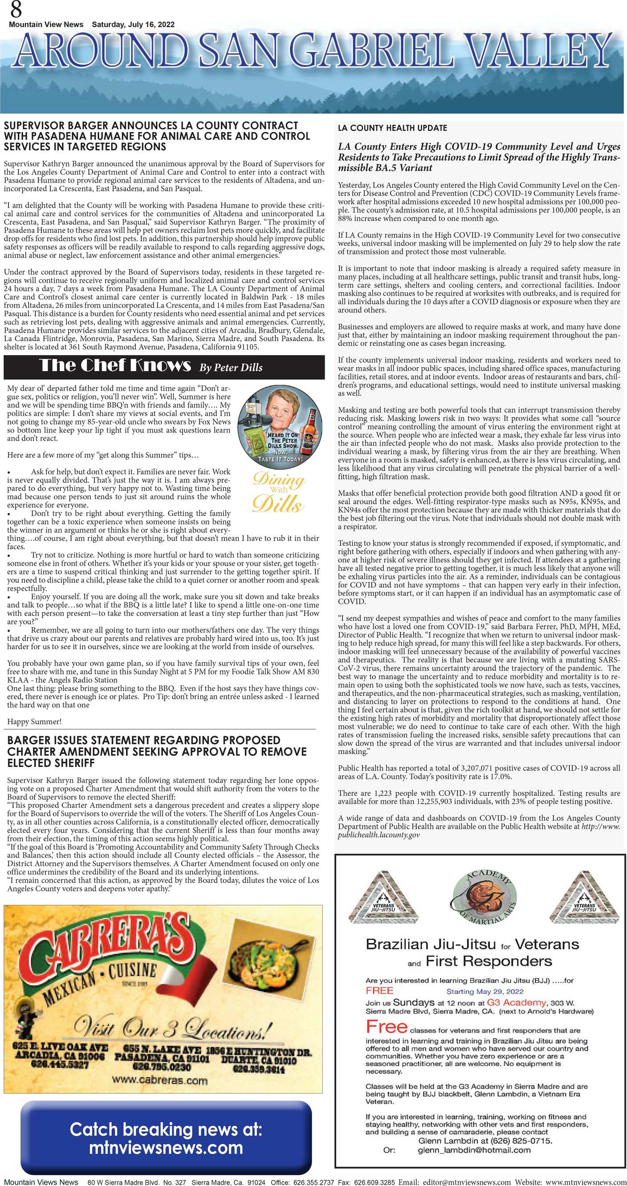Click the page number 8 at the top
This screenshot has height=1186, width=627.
[x=16, y=9]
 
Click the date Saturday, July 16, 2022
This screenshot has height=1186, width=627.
[x=133, y=24]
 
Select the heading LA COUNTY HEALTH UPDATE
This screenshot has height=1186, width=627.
[x=392, y=128]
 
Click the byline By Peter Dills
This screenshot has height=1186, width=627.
[x=231, y=367]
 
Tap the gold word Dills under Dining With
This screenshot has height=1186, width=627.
[x=277, y=504]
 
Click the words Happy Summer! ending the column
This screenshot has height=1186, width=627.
[x=34, y=721]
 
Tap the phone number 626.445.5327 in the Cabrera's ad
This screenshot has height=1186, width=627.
[x=60, y=1064]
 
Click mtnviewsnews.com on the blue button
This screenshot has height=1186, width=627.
[x=166, y=1148]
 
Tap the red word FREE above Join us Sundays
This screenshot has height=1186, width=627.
[x=379, y=990]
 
